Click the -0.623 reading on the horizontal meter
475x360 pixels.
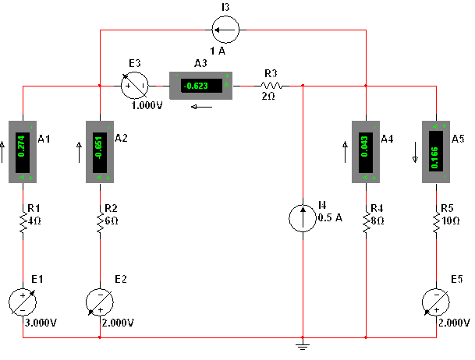coord(196,86)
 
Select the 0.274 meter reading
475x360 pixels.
coord(22,146)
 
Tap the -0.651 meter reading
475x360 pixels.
coord(99,146)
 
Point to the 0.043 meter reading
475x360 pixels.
coord(365,146)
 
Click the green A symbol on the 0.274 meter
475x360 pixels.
coord(23,178)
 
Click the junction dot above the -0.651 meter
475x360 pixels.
coord(100,85)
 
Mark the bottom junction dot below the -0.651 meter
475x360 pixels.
coord(100,337)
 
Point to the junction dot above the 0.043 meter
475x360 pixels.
coord(366,85)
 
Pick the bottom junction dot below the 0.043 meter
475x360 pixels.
coord(366,337)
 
